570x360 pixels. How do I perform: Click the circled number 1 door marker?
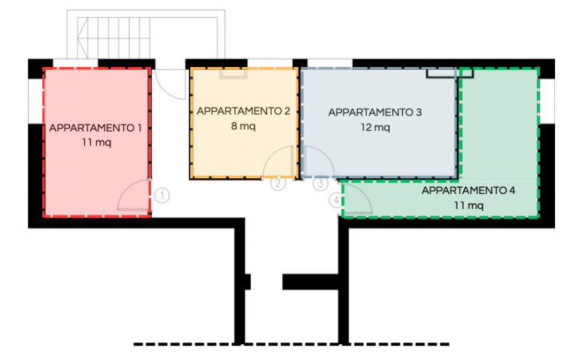tap(162, 195)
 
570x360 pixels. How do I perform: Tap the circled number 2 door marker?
tap(278, 183)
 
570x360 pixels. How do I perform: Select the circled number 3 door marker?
tap(321, 184)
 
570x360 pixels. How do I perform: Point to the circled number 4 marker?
tap(336, 200)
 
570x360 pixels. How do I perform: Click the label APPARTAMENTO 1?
tap(95, 128)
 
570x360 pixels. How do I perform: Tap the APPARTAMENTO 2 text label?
tap(244, 111)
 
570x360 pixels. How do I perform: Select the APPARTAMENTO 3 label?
tap(375, 113)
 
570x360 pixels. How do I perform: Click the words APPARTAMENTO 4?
tap(468, 190)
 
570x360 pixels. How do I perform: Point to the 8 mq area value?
tap(243, 126)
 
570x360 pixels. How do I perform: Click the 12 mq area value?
tap(375, 128)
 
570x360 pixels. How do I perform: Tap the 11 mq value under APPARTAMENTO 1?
tap(96, 142)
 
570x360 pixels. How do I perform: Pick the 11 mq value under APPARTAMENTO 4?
tap(469, 205)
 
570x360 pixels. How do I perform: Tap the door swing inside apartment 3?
tap(326, 154)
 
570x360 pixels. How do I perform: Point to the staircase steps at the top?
tap(113, 38)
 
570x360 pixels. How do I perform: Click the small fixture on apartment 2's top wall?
tap(233, 73)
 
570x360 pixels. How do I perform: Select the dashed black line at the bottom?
tap(291, 344)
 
